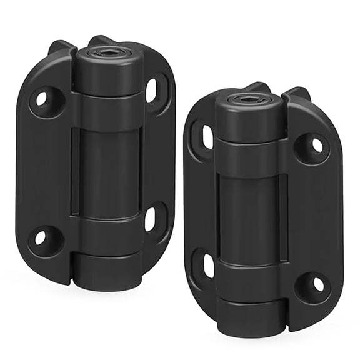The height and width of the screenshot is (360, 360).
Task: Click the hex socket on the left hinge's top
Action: coord(100,53)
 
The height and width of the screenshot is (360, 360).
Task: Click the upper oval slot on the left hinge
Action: coord(152,89)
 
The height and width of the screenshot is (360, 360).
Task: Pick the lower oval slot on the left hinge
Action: coord(151,219)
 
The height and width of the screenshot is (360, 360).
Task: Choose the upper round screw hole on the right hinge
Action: coord(317,145)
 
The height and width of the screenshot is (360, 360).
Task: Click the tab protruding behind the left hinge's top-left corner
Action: coord(59,47)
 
